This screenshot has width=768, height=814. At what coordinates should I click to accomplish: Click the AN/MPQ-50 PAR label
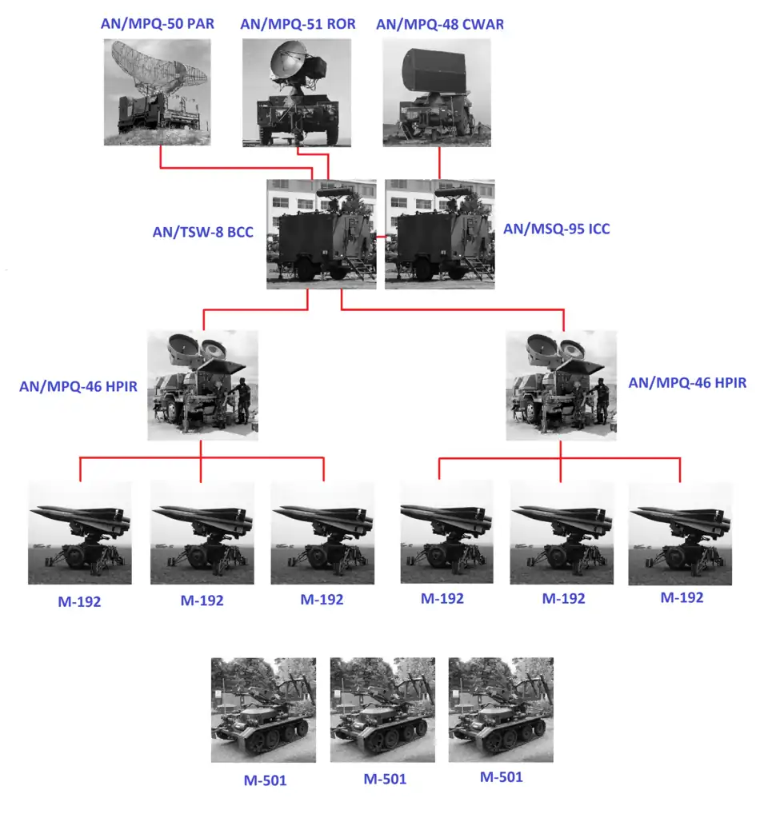pyautogui.click(x=158, y=24)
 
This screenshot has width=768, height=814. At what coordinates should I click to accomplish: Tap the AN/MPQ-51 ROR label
pyautogui.click(x=298, y=24)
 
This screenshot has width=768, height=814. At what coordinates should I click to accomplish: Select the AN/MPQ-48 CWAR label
pyautogui.click(x=440, y=25)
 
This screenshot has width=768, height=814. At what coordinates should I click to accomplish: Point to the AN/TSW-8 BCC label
pyautogui.click(x=203, y=232)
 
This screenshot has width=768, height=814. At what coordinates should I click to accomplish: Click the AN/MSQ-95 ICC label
pyautogui.click(x=557, y=229)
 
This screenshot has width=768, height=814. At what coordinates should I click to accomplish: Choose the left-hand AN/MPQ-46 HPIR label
pyautogui.click(x=78, y=387)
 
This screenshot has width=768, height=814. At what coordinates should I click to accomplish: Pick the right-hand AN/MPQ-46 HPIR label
pyautogui.click(x=687, y=383)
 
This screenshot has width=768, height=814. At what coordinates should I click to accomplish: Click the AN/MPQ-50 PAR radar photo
pyautogui.click(x=158, y=93)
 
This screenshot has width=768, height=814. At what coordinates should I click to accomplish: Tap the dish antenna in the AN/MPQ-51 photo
pyautogui.click(x=288, y=60)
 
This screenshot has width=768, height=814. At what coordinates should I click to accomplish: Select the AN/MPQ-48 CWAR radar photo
pyautogui.click(x=437, y=93)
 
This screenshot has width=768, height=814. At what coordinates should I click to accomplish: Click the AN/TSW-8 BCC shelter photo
pyautogui.click(x=322, y=234)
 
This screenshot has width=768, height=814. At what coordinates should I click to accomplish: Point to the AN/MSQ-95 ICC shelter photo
pyautogui.click(x=440, y=234)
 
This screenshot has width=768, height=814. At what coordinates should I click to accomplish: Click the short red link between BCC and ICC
pyautogui.click(x=381, y=237)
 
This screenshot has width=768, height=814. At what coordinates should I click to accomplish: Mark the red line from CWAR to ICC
pyautogui.click(x=440, y=163)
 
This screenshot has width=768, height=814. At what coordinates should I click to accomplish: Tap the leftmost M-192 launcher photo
pyautogui.click(x=80, y=533)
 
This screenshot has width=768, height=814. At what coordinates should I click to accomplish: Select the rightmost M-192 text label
pyautogui.click(x=682, y=598)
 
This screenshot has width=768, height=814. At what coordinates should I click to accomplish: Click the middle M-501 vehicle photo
pyautogui.click(x=382, y=710)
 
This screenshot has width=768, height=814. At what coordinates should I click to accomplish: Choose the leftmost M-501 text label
pyautogui.click(x=266, y=780)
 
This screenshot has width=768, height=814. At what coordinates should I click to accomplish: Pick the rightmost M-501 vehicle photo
pyautogui.click(x=501, y=710)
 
